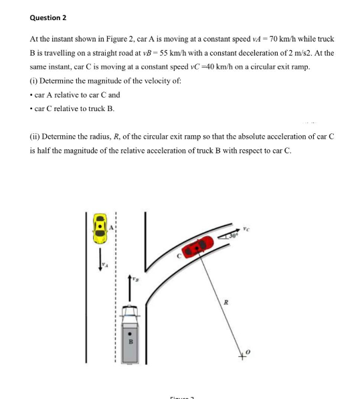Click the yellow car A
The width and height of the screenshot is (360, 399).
pyautogui.click(x=100, y=229)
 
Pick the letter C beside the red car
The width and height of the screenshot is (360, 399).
pyautogui.click(x=179, y=255)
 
